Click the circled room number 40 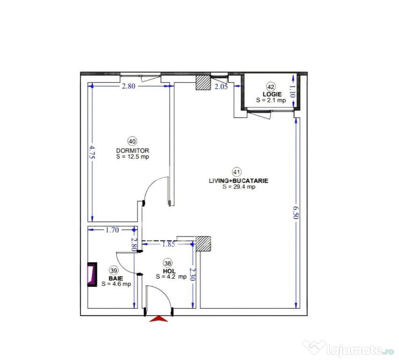click(132, 141)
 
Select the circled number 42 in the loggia click(271, 86)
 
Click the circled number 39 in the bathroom click(113, 270)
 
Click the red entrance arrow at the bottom click(160, 319)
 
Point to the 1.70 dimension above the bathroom click(112, 230)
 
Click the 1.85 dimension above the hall click(169, 244)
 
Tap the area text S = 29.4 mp click(239, 187)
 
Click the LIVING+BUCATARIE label click(239, 180)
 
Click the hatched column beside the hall click(203, 244)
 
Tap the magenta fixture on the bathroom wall click(91, 273)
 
